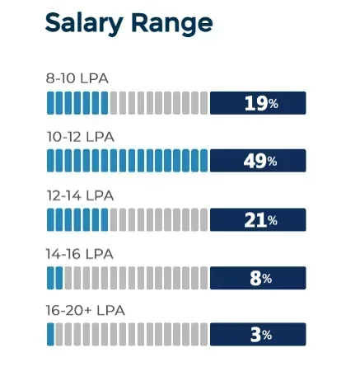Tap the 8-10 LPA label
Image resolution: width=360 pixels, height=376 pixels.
[x=77, y=79]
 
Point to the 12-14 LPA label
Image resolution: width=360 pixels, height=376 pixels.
[x=81, y=196]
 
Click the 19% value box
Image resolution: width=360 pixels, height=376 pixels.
[x=258, y=103]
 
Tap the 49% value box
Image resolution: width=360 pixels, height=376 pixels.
[x=258, y=162]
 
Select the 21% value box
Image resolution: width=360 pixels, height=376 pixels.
[x=258, y=220]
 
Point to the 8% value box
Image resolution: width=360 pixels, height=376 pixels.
[x=258, y=279]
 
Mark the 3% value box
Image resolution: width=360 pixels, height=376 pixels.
[x=258, y=335]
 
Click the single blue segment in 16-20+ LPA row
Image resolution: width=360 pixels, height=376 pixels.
[x=50, y=335]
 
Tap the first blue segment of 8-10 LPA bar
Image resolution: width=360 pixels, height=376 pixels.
[x=50, y=103]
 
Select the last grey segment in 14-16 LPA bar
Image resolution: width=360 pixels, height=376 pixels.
[x=203, y=279]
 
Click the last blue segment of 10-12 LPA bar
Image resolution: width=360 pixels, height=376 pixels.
[x=203, y=162]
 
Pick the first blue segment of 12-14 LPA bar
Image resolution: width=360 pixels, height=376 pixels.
[x=50, y=220]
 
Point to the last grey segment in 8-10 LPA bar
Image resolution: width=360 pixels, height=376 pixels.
[x=203, y=103]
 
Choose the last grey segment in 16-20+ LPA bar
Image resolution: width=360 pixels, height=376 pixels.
[x=203, y=335]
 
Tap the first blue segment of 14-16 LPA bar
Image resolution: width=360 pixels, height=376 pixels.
[x=50, y=279]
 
